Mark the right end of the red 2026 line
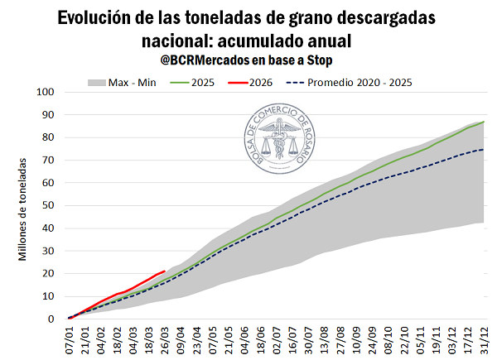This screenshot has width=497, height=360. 165,271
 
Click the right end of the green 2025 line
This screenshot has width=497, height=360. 485,122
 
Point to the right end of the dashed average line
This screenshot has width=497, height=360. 485,149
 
